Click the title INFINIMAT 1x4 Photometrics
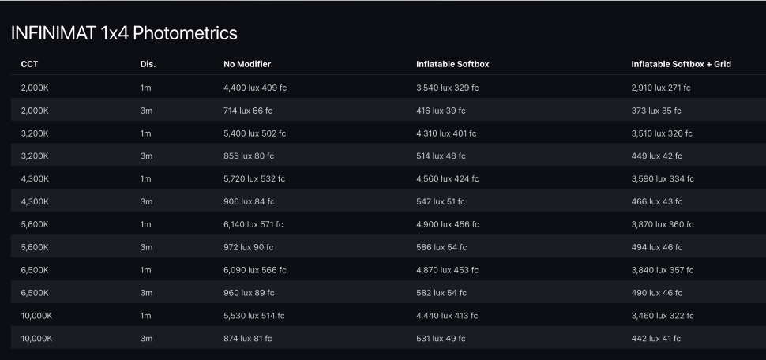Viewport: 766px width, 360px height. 124,34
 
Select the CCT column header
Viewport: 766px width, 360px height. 29,64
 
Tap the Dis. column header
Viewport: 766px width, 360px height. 148,64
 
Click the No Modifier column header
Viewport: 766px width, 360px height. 247,64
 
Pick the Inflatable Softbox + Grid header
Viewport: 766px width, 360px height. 681,64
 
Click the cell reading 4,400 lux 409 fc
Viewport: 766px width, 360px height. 254,88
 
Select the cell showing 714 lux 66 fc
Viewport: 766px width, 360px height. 249,111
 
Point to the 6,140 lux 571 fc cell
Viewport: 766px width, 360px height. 253,224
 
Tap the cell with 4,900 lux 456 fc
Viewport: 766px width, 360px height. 447,224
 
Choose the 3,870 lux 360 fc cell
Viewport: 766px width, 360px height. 663,224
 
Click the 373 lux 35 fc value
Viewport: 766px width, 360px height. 656,111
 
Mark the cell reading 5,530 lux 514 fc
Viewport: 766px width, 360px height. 254,316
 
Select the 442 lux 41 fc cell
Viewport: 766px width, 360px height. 655,339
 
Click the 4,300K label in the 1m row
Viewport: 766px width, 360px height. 35,178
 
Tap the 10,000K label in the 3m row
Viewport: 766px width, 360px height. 37,339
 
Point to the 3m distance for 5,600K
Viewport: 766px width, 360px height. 146,247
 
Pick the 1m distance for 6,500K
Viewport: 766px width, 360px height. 146,270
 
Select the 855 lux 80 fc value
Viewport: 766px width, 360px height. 250,156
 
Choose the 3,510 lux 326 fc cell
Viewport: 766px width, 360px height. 662,133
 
